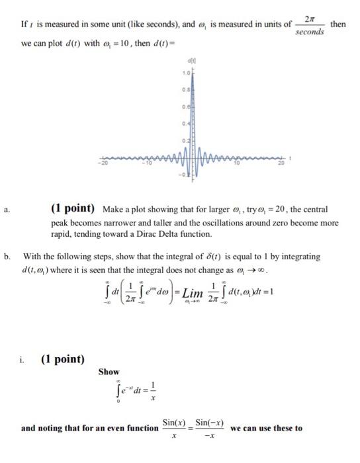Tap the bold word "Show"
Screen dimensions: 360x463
click(109, 372)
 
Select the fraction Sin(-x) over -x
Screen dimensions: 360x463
click(206, 429)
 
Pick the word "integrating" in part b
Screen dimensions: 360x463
click(297, 255)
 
